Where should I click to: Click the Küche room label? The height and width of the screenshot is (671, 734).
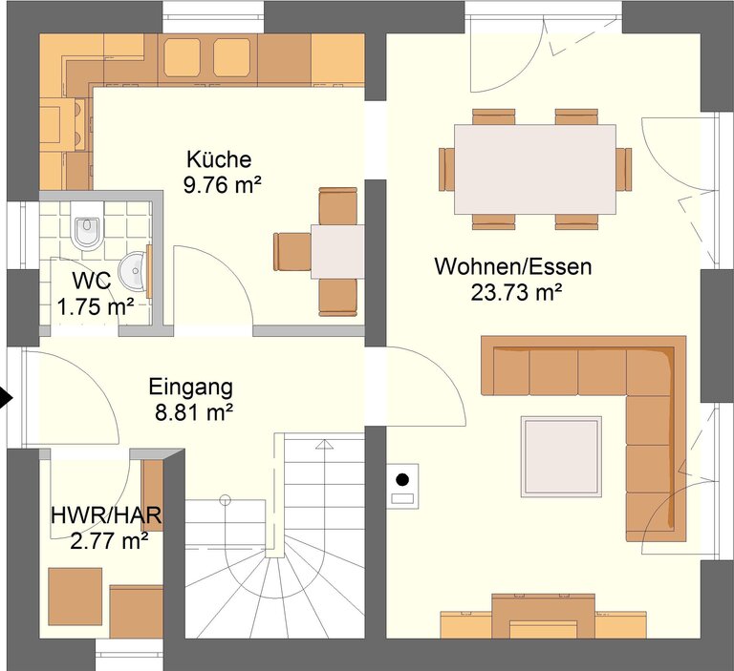219,159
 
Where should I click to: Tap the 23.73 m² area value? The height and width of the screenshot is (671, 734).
516,293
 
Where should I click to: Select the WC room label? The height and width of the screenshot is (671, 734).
92,281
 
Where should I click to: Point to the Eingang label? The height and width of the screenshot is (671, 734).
191,388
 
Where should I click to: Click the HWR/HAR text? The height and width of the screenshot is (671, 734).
106,515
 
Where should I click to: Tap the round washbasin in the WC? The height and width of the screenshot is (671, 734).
134,270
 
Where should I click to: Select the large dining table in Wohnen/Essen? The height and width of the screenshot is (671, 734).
535,169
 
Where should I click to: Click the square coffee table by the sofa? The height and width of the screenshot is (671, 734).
561,456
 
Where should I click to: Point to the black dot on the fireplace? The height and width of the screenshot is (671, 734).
402,480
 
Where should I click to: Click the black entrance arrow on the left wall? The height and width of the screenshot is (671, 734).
6,398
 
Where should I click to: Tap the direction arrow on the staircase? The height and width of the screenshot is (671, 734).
324,444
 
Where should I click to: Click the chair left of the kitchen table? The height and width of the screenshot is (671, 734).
292,252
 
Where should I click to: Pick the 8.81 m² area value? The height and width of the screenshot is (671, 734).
194,413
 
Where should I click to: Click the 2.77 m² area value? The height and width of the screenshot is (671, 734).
110,541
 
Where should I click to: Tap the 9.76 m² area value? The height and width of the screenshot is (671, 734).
222,185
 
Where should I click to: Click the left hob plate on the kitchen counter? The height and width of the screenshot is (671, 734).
183,57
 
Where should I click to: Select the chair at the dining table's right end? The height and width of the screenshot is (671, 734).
623,169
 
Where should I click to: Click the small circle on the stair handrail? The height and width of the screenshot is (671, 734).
226,501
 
